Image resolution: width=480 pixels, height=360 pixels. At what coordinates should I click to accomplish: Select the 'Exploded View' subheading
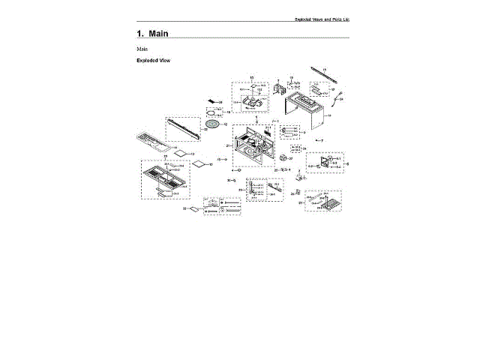point(154,61)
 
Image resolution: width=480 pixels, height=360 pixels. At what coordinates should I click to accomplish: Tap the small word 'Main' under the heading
point(142,49)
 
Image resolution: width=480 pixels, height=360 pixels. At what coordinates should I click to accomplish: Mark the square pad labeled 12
point(199,163)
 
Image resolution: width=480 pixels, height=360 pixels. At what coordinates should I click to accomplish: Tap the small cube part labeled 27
point(283,159)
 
